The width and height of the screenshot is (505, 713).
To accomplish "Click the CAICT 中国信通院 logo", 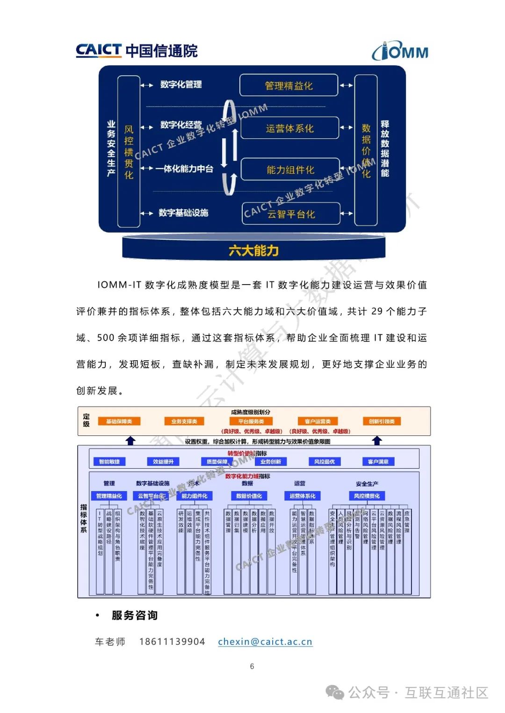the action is point(137,50).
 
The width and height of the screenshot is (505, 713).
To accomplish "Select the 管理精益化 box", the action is point(289,86).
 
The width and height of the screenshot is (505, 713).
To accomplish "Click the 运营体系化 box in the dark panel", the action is point(289,128).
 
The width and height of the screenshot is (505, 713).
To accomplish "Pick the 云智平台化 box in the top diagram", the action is point(291,214).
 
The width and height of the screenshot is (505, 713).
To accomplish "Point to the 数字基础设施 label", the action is point(183,213).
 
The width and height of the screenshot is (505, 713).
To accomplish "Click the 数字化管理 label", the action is point(181,85).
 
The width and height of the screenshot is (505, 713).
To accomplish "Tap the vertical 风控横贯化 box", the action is point(129,152).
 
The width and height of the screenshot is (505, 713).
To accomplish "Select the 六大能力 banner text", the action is point(253,251).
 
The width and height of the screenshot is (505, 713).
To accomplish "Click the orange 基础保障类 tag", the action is point(119,421).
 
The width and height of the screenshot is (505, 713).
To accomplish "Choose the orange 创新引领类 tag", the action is point(382,421).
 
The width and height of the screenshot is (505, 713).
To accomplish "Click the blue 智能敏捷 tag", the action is point(109,462).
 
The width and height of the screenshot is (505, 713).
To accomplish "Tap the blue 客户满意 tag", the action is point(378,462).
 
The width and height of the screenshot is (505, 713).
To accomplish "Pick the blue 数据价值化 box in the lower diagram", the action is point(249,496).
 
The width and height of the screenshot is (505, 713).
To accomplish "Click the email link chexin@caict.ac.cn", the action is point(265,642).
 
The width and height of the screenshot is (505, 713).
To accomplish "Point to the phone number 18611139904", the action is point(172,642).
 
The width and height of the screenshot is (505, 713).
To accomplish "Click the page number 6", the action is point(252,666).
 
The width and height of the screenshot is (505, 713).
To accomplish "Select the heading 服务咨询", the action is point(135,615).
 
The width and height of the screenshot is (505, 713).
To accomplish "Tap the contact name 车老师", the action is point(110,642).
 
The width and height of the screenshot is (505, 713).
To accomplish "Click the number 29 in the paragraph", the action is point(377,311).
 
